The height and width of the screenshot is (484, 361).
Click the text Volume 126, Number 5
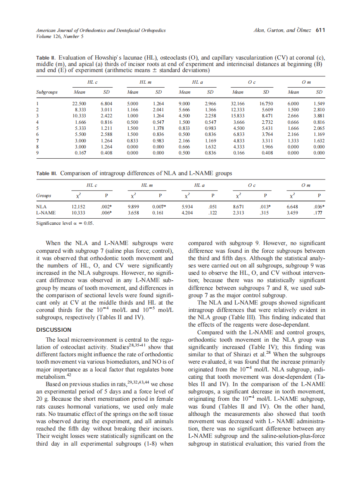[55, 36]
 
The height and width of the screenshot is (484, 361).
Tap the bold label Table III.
[47, 173]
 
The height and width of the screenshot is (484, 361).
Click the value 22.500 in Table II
[79, 104]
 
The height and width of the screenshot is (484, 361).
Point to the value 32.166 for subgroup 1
[238, 104]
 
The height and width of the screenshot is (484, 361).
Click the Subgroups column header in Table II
[47, 92]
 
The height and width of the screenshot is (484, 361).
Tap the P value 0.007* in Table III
[159, 207]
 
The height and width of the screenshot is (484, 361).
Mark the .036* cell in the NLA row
[318, 207]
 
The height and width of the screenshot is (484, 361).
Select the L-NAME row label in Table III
[46, 213]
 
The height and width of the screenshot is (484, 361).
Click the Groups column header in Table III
[44, 195]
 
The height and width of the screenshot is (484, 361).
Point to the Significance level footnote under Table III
[64, 223]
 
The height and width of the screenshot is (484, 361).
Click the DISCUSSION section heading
[53, 330]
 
